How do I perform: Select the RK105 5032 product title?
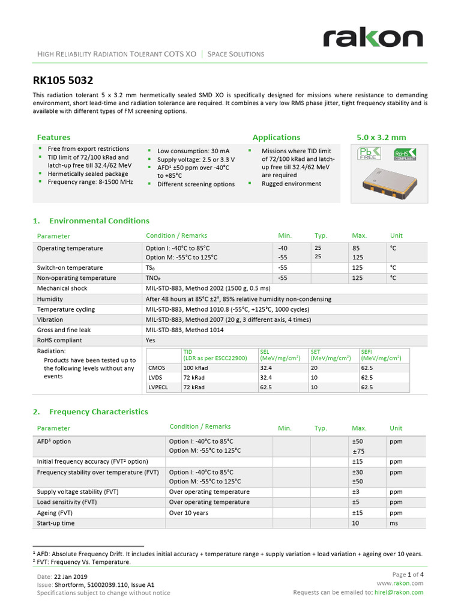point(62,80)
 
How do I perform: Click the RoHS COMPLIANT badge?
point(403,155)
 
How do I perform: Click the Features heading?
point(53,138)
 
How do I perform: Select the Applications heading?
point(276,138)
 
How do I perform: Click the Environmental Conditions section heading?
point(99,221)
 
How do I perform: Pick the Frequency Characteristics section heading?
point(98,412)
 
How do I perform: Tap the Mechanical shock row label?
point(62,288)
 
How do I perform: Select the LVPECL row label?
point(158,387)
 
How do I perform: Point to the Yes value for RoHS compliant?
point(151,340)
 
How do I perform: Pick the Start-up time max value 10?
point(355,523)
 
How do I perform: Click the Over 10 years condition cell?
point(188,513)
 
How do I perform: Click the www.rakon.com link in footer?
point(400,583)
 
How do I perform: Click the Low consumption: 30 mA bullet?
point(193,151)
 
